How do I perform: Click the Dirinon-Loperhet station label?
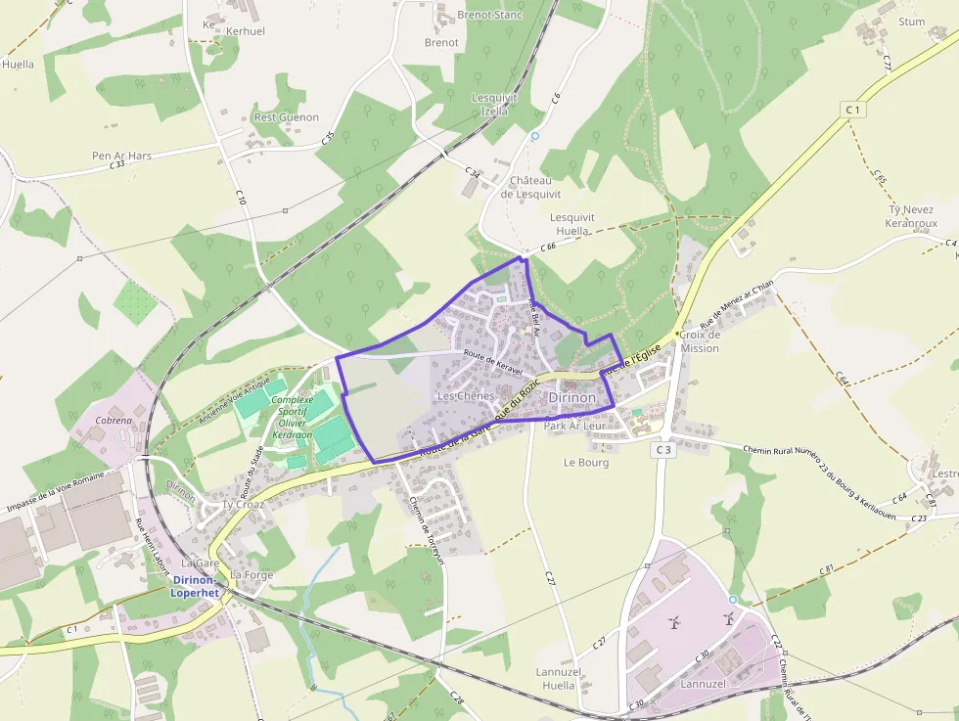195,586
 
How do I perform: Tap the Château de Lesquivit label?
531,187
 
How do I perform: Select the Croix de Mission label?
700,341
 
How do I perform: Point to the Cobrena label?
114,421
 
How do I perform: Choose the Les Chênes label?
465,396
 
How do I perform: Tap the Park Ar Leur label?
575,427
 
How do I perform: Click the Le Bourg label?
586,463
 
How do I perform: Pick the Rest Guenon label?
287,117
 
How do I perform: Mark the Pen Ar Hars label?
121,156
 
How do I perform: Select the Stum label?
911,22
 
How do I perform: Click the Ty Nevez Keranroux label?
911,216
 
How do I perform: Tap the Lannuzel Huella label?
556,679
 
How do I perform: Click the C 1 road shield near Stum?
854,110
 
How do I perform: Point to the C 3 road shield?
663,449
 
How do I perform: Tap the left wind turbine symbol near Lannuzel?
673,622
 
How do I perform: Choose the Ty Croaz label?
244,505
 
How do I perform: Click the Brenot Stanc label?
490,15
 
